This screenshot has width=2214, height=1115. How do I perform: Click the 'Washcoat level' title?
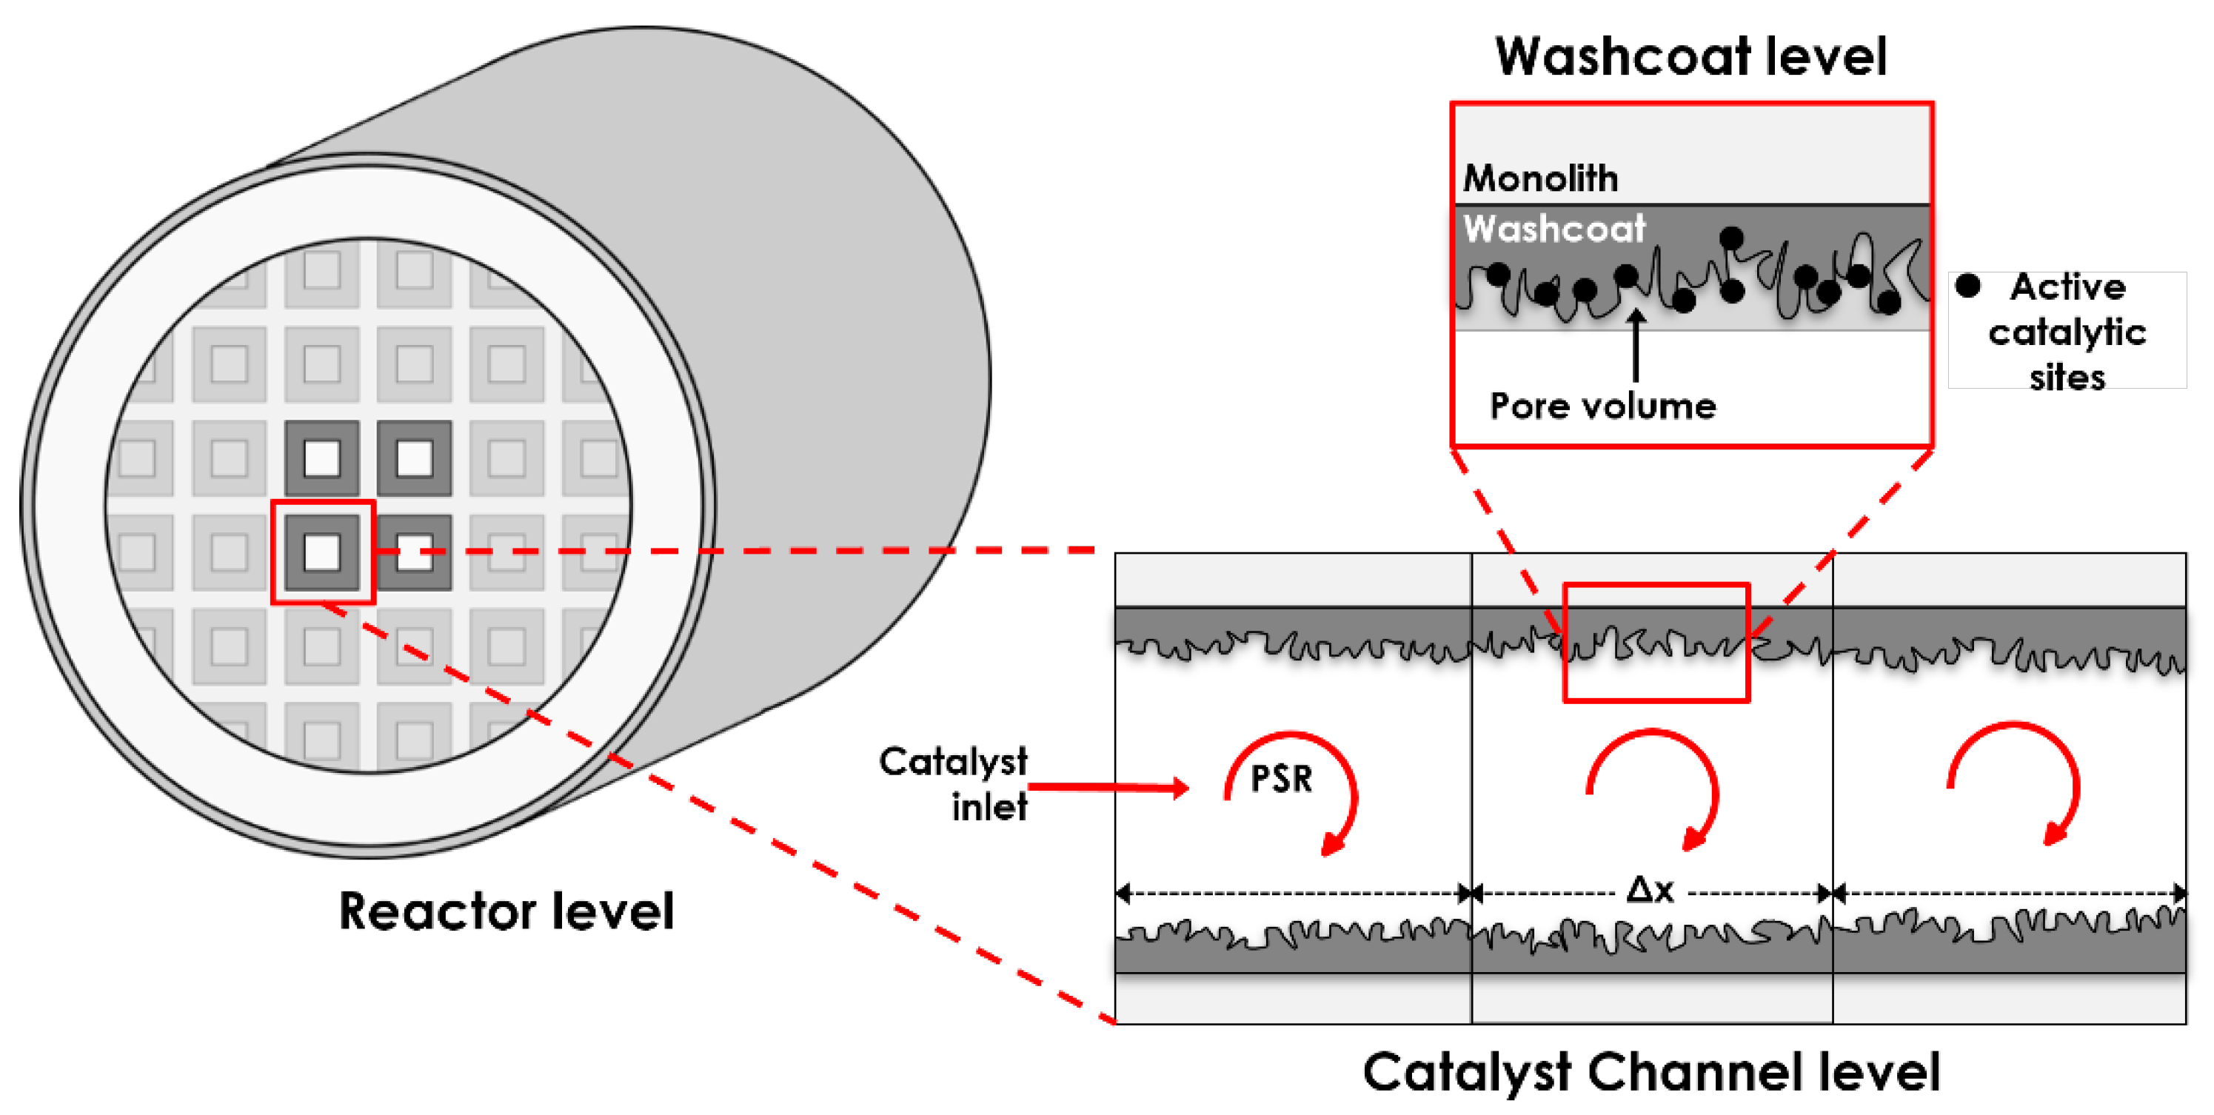[1690, 57]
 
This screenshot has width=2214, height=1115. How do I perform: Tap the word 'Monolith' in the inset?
[1540, 178]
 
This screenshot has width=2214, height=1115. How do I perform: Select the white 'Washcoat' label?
[1554, 229]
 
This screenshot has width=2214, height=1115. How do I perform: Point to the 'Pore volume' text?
[1602, 406]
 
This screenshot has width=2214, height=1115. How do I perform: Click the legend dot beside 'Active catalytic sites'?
[1967, 285]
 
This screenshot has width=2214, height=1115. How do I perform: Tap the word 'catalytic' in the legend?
[2067, 332]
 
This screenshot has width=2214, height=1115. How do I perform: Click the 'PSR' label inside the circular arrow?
[1280, 779]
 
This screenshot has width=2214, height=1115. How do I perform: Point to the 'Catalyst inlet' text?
[954, 783]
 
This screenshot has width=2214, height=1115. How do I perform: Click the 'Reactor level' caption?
[506, 911]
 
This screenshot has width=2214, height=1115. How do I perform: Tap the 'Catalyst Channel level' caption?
[1651, 1072]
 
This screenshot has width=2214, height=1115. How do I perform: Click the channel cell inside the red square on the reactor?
[322, 552]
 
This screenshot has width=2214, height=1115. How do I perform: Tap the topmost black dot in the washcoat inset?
[1731, 237]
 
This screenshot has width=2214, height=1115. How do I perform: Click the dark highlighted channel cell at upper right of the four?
[414, 458]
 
